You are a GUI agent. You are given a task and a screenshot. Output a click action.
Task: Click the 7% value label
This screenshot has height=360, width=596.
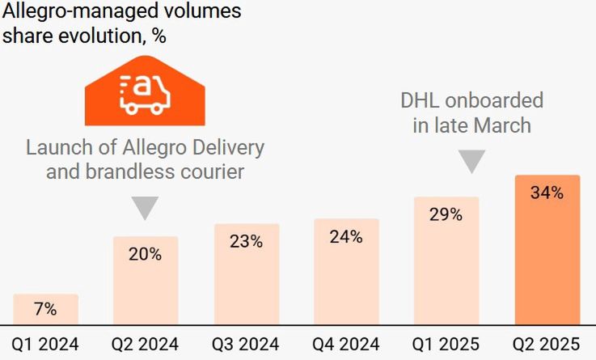coord(45,308)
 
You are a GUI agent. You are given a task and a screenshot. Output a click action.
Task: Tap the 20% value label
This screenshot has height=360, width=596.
coord(146,253)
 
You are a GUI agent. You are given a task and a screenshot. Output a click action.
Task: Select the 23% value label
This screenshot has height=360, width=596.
coord(246,240)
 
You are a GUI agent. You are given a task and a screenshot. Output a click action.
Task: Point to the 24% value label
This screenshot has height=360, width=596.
coord(346,236)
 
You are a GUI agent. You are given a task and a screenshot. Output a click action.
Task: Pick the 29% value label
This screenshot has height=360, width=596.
coord(446,214)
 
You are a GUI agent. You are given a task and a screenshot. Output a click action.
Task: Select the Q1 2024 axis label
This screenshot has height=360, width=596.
coord(45,344)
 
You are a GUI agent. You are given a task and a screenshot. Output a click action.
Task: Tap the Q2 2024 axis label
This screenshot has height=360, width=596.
coord(146,344)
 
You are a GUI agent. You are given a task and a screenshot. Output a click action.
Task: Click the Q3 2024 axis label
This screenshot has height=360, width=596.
coord(246,344)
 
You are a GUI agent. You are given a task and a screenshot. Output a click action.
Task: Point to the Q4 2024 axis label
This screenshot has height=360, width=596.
coord(346,344)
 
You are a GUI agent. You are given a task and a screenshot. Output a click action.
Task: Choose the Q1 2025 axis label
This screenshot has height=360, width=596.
coord(446,344)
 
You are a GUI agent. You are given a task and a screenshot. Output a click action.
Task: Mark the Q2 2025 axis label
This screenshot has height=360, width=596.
coord(547,344)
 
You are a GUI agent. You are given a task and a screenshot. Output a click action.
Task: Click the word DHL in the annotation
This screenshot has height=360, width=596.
coord(421,101)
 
